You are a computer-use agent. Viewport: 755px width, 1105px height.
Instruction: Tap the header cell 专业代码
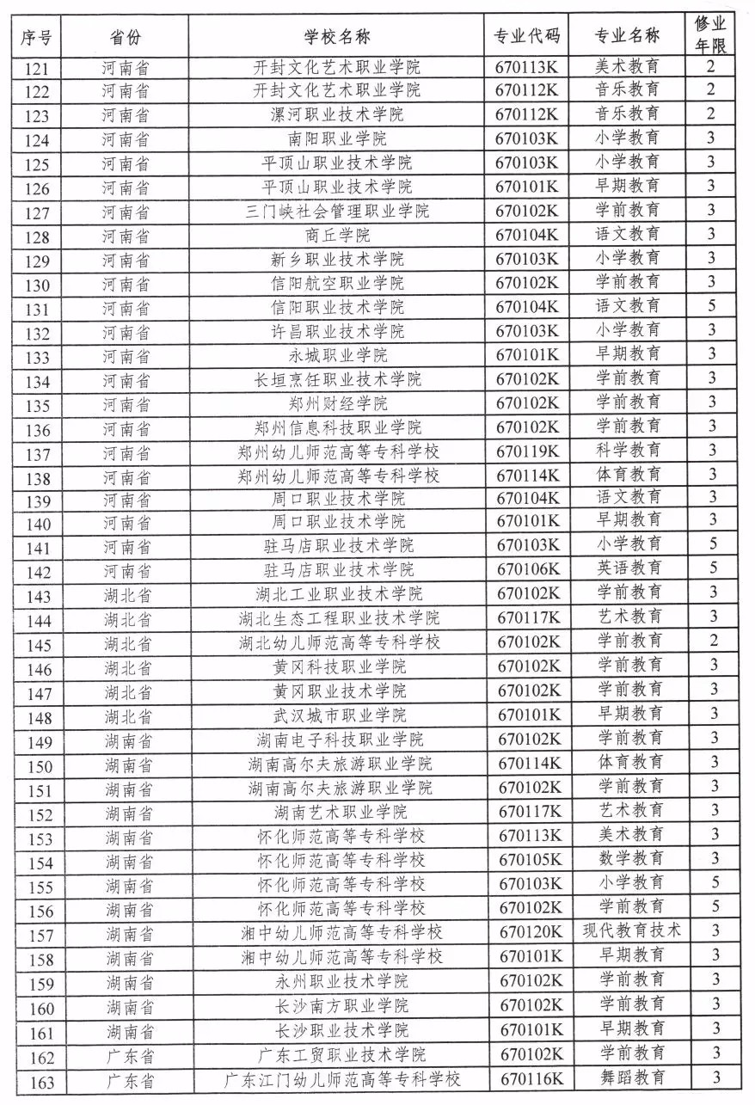(x=526, y=37)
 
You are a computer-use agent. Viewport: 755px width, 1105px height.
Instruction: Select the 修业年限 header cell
(x=711, y=35)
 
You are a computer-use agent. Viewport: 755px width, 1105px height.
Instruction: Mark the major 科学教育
(x=629, y=450)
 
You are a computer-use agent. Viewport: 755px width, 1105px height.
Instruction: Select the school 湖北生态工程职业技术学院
(x=340, y=617)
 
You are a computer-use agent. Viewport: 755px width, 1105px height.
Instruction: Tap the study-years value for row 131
(x=712, y=305)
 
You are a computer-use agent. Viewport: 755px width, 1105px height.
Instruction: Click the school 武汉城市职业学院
(x=340, y=715)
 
